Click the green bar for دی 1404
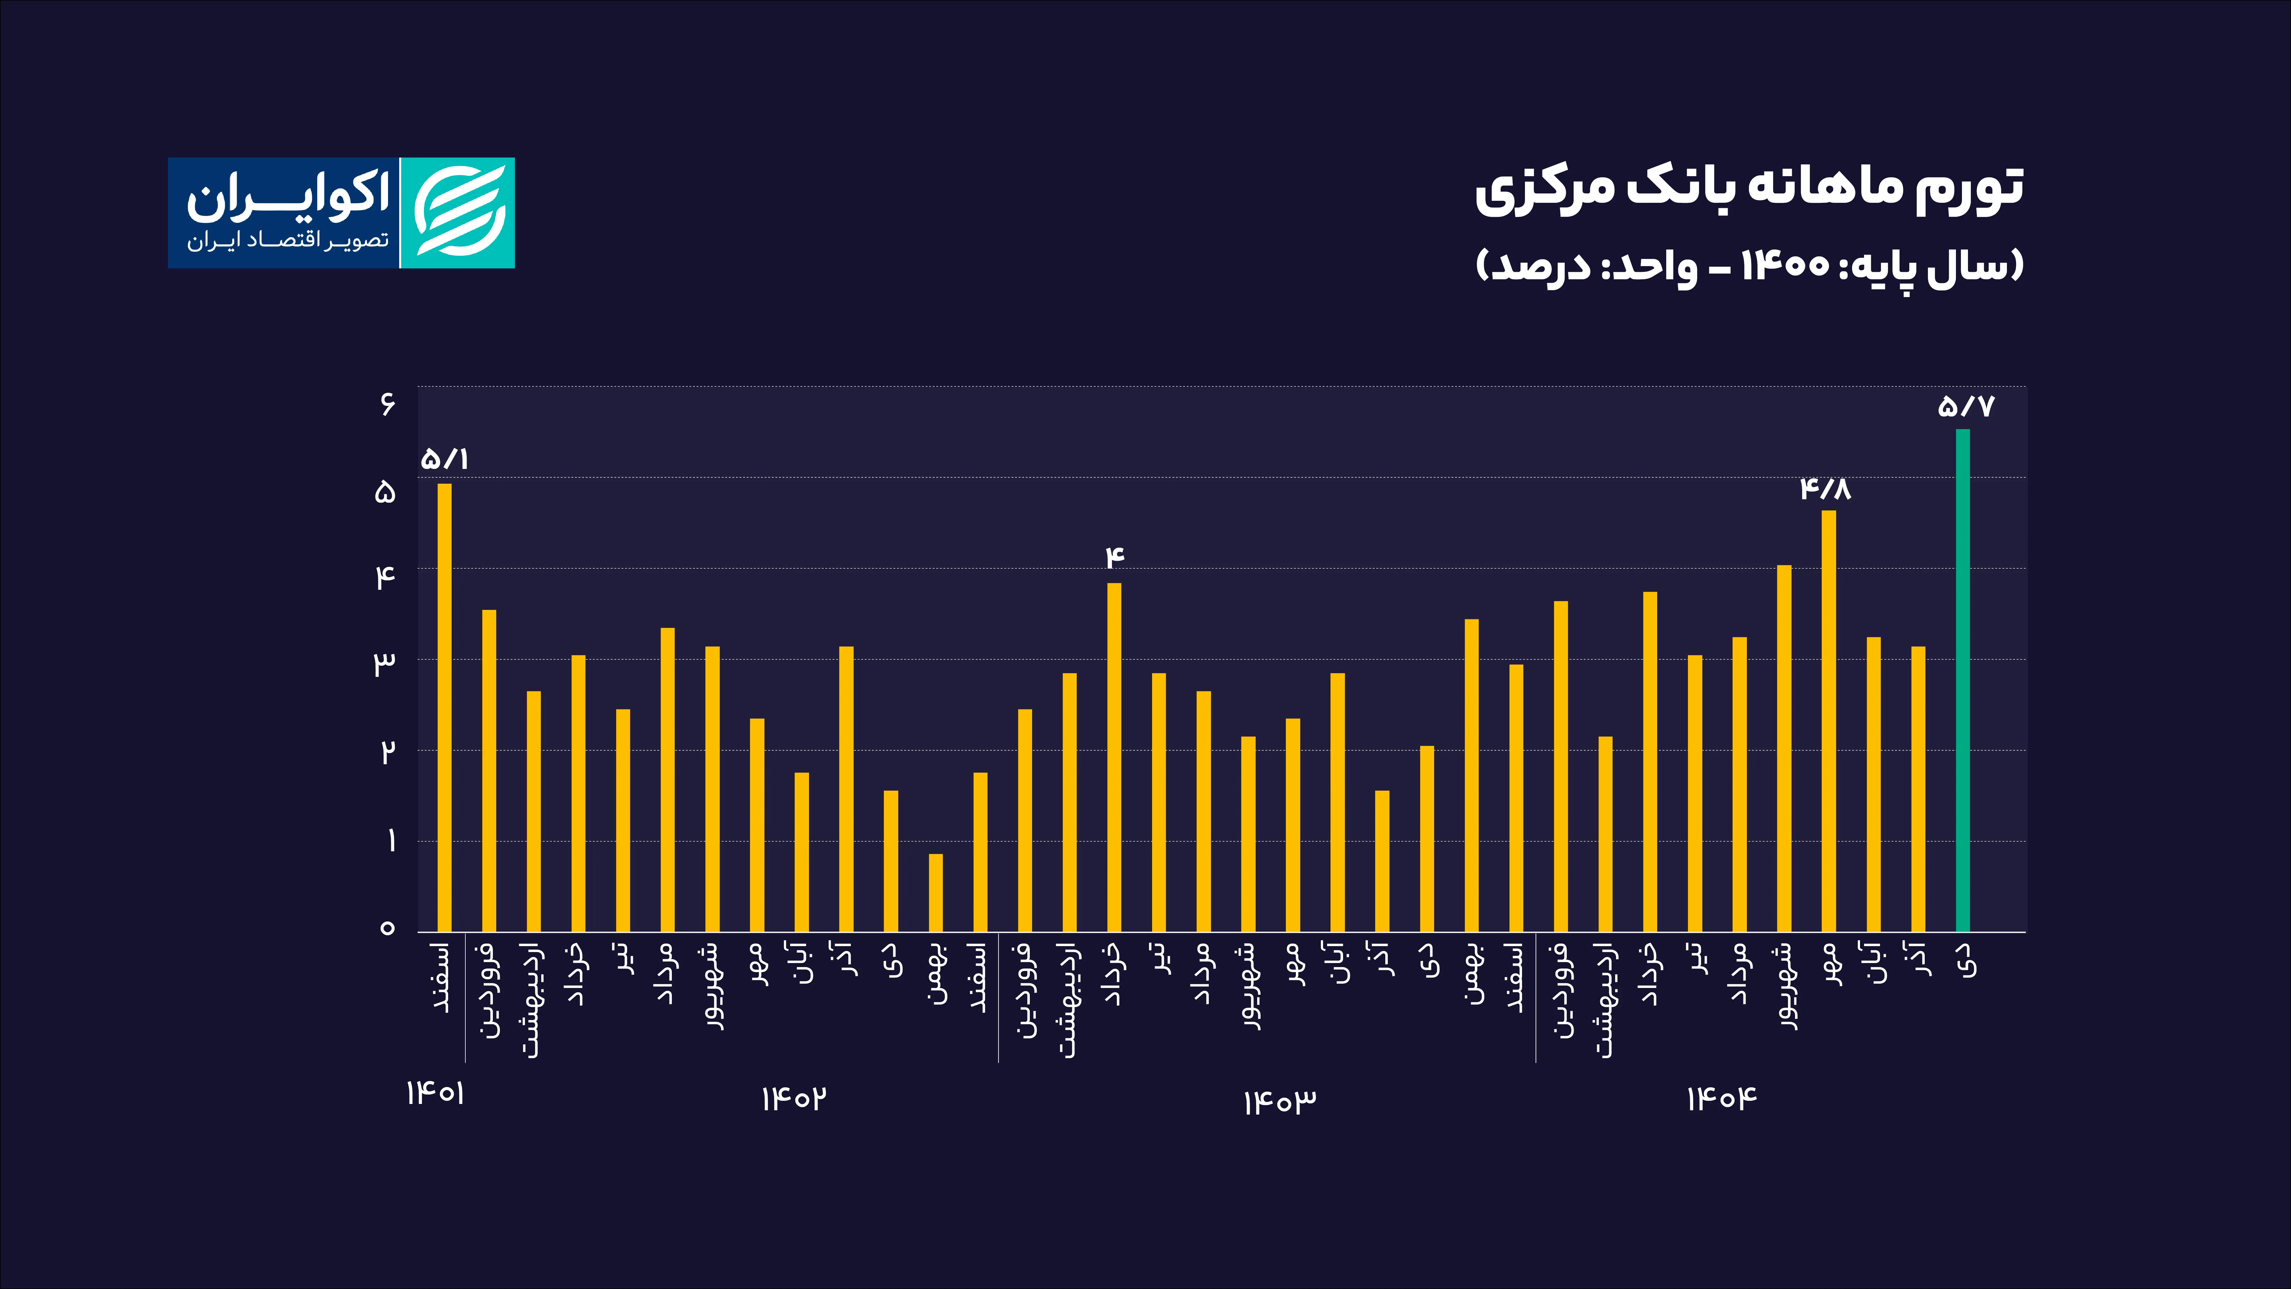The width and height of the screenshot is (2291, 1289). click(x=1962, y=681)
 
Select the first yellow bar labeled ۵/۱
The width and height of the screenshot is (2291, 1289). click(x=445, y=707)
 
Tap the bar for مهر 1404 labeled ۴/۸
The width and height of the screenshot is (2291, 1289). click(x=1829, y=721)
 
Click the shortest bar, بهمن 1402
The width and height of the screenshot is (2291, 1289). click(x=936, y=892)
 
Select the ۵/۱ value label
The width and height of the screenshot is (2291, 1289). click(x=445, y=459)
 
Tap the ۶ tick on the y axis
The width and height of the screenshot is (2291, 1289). click(x=387, y=405)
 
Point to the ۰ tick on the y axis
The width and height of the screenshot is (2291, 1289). click(x=387, y=928)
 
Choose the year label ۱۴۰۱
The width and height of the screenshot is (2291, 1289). click(x=436, y=1093)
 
